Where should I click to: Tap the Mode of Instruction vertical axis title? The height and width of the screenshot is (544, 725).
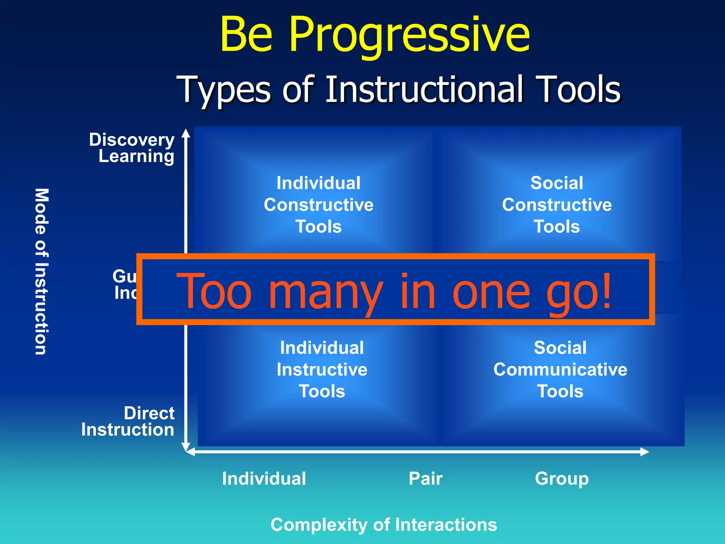[41, 271]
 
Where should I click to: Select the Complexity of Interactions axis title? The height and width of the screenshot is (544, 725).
[384, 525]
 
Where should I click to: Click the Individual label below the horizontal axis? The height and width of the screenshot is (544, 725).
[264, 478]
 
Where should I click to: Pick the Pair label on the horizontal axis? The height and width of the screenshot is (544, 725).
[426, 478]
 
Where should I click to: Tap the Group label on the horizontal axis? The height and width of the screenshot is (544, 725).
[562, 478]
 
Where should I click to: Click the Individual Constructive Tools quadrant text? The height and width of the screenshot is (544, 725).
[319, 205]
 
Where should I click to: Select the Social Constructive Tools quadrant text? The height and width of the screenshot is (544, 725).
[557, 205]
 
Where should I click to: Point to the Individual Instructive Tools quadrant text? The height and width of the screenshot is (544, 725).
[322, 369]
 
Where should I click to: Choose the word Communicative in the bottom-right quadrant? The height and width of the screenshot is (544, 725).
[560, 369]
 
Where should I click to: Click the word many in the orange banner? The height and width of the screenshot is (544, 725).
[326, 292]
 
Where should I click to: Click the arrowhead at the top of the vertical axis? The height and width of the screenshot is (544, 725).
[186, 133]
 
